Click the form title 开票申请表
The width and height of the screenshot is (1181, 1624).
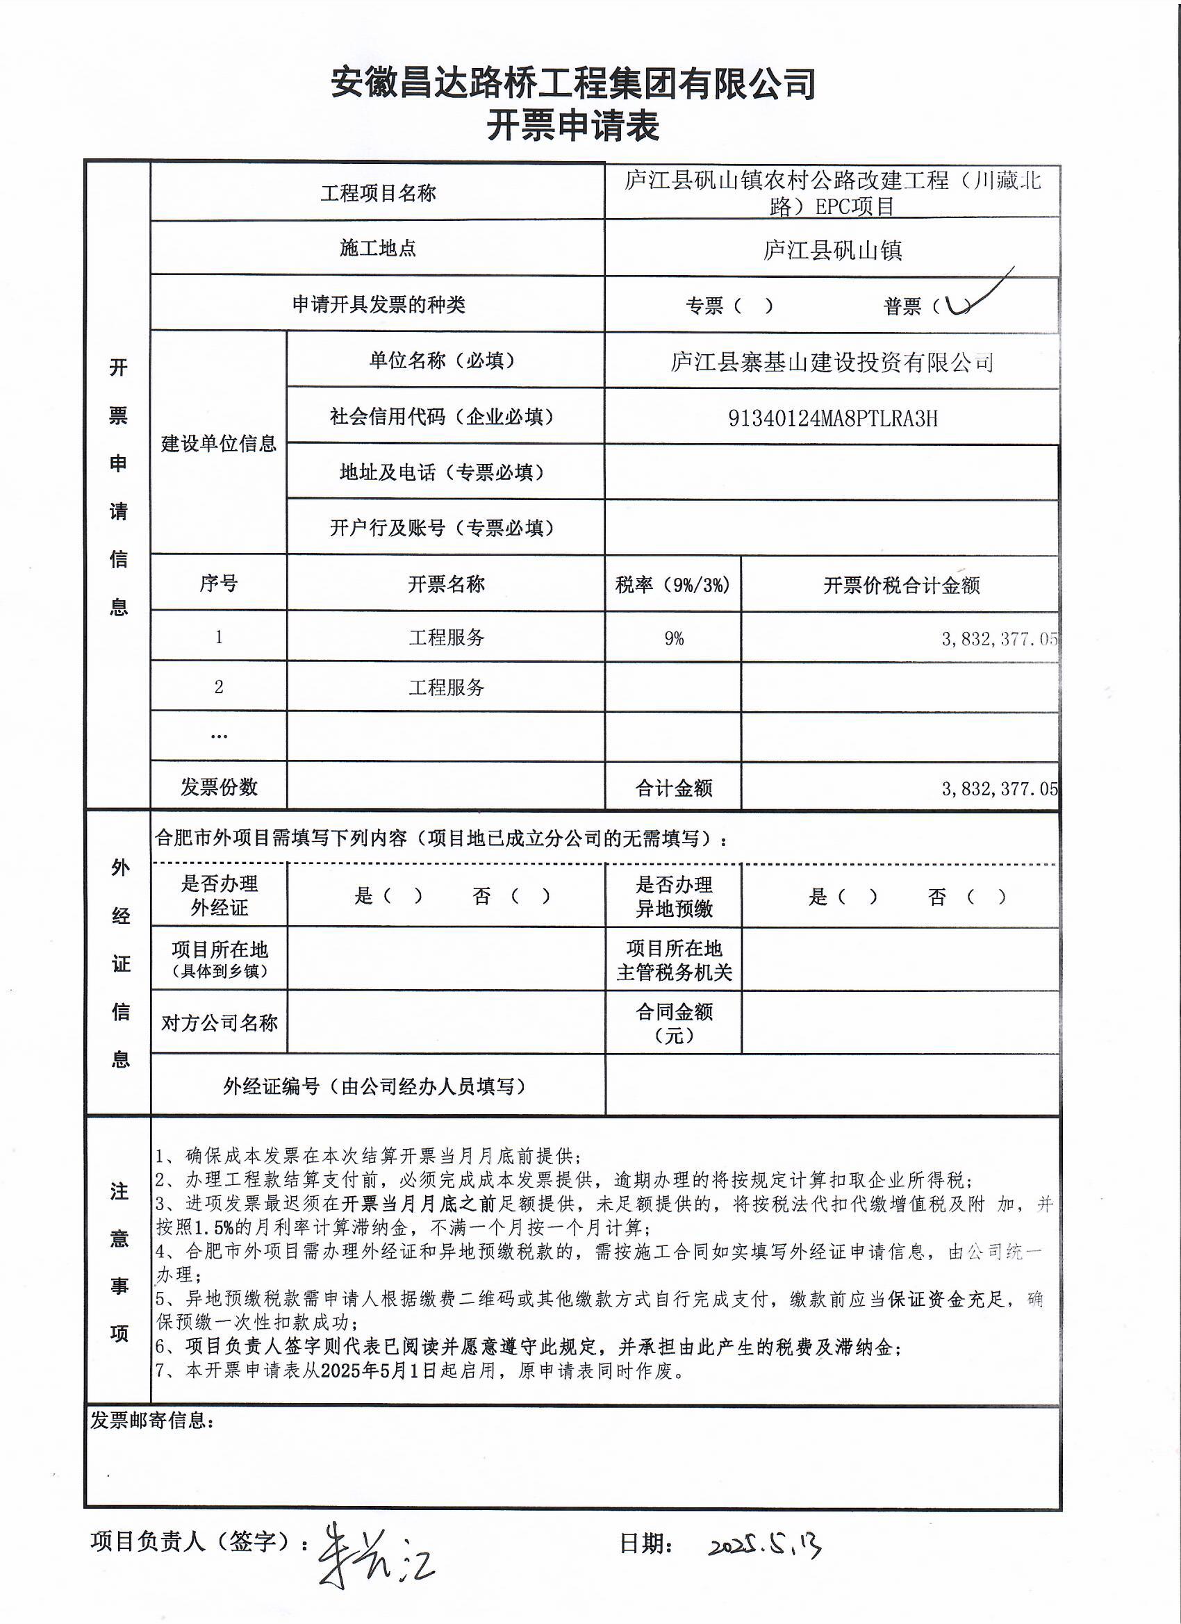click(x=572, y=126)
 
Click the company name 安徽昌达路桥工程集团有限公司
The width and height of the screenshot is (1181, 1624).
click(x=572, y=84)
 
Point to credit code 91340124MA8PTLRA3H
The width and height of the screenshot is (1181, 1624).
click(x=832, y=418)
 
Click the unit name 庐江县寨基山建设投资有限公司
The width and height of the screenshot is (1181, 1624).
click(x=832, y=363)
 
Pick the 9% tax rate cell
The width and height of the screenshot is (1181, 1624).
click(x=673, y=638)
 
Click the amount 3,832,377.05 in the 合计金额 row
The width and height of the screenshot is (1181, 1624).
click(x=999, y=788)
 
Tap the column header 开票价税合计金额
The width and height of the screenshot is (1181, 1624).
click(x=901, y=585)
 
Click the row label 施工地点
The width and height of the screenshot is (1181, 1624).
click(x=377, y=248)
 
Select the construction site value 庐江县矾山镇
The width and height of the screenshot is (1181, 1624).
click(x=832, y=250)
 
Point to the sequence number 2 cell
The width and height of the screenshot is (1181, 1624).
click(x=218, y=688)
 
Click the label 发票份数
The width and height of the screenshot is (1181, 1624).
click(x=218, y=787)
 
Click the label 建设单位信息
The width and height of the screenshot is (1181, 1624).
click(x=218, y=443)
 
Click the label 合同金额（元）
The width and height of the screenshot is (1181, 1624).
click(x=673, y=1022)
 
